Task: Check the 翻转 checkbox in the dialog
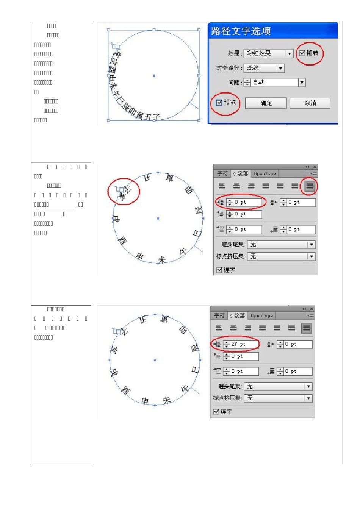[302, 53]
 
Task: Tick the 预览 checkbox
[219, 103]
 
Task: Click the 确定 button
[266, 103]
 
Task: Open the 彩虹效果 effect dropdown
[268, 53]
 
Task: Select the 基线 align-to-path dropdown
[264, 68]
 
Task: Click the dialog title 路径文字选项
[241, 31]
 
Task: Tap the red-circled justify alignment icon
[310, 186]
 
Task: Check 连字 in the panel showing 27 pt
[216, 412]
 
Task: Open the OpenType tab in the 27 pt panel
[261, 316]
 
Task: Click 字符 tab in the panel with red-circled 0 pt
[222, 174]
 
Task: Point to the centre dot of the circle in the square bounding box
[154, 75]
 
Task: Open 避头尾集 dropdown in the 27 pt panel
[278, 386]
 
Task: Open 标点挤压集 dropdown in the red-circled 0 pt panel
[281, 256]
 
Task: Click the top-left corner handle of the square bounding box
[109, 30]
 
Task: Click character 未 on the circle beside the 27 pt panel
[167, 400]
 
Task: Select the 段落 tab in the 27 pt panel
[238, 315]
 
